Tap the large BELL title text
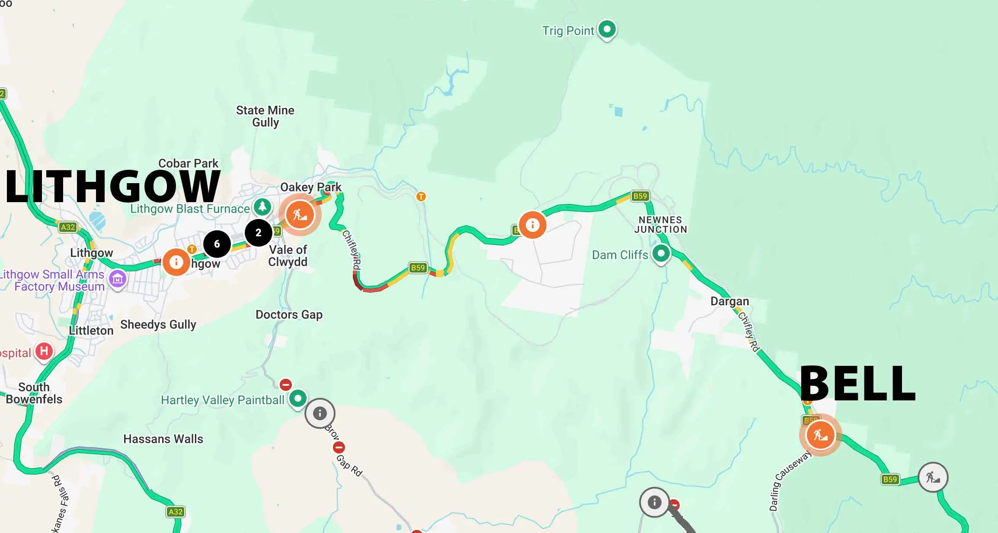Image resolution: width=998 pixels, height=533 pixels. (x=857, y=384)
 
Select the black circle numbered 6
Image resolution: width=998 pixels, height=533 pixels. (x=217, y=244)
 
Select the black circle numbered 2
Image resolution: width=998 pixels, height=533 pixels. (x=258, y=232)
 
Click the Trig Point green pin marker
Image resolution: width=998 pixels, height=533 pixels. (x=607, y=29)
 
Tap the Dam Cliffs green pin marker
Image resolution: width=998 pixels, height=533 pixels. (x=661, y=254)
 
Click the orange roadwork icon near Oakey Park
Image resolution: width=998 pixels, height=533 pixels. (x=300, y=214)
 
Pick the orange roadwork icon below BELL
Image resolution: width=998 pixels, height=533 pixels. (x=820, y=435)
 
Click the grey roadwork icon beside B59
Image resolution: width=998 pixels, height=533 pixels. (x=933, y=477)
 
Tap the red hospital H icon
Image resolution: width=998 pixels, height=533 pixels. (x=44, y=351)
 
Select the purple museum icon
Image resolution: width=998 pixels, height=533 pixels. (x=118, y=279)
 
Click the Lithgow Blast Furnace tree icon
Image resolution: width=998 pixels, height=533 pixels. (x=262, y=207)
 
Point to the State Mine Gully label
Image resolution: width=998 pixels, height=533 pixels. (x=265, y=116)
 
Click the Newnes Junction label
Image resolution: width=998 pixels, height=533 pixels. (x=660, y=225)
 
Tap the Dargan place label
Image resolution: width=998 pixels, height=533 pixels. (x=729, y=301)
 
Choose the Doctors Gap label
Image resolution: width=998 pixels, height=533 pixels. (x=289, y=314)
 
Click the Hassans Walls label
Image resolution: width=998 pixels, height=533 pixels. (x=163, y=439)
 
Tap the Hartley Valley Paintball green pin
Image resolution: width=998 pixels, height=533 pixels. (x=297, y=398)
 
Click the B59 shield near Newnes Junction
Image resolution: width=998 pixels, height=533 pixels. (x=640, y=196)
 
